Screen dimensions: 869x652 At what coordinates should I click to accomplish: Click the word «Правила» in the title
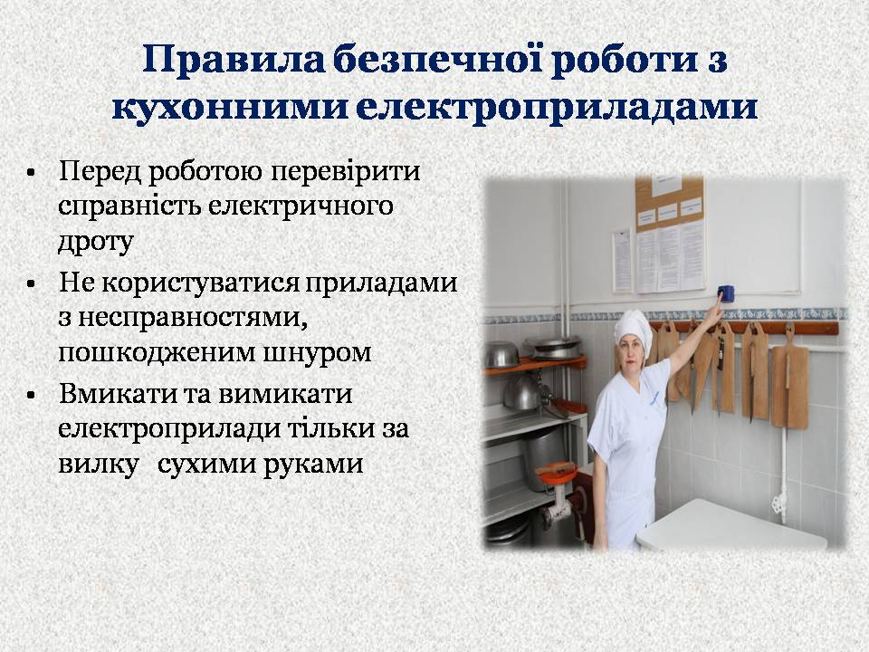point(233,61)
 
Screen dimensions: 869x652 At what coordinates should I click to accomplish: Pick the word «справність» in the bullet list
point(129,206)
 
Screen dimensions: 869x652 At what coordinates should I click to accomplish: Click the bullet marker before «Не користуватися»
point(31,284)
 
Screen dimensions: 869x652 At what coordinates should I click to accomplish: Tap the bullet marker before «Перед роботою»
point(31,172)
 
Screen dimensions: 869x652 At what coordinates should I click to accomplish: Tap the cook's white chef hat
point(634,325)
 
